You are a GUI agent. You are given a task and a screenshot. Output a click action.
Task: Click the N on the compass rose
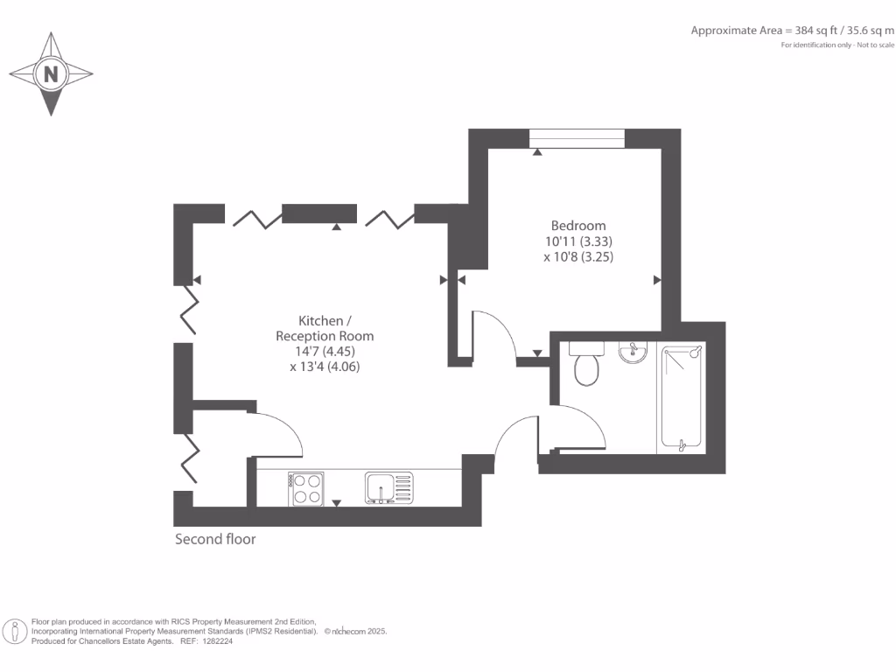pos(51,74)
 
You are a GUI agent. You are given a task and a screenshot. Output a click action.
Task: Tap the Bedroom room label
pos(578,226)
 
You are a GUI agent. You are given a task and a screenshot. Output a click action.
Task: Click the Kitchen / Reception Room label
pos(325,328)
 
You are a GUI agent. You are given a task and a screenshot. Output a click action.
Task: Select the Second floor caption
pos(215,539)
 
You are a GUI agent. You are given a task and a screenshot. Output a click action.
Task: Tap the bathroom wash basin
pos(632,352)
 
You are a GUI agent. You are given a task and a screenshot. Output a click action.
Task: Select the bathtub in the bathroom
pos(682,397)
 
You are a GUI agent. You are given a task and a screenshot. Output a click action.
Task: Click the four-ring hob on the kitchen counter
pos(305,487)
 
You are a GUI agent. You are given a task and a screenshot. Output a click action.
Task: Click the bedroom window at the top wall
pos(577,138)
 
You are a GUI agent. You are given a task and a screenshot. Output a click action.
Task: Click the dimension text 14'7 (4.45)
pos(325,352)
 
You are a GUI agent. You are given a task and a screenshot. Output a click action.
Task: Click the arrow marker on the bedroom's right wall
pos(657,280)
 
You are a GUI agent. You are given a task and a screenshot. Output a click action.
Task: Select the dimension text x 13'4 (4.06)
pos(325,367)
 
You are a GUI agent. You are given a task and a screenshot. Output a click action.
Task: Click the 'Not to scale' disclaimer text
pos(876,45)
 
